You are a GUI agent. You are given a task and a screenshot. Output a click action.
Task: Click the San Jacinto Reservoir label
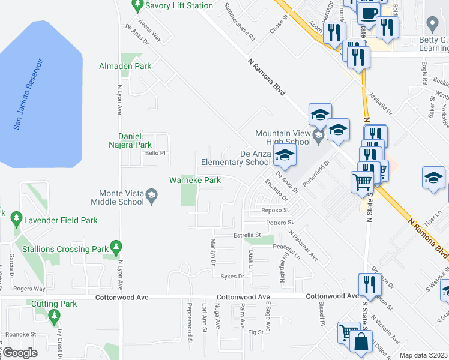click(x=29, y=94)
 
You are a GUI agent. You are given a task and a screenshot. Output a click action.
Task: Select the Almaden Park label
click(x=125, y=67)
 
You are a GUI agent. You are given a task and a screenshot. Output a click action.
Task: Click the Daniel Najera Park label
click(x=134, y=140)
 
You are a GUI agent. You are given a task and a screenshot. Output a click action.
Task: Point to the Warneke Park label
click(x=195, y=180)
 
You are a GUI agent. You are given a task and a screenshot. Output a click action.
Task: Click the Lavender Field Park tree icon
click(x=16, y=220)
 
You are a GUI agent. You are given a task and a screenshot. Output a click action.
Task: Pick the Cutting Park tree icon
click(x=55, y=315)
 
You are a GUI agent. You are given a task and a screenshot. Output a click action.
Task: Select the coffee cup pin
click(x=369, y=12)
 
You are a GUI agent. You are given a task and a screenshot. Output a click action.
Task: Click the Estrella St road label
click(x=248, y=235)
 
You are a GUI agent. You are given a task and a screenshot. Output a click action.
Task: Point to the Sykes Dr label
click(x=232, y=277)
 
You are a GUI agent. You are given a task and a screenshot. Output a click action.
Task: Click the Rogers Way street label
click(x=29, y=289)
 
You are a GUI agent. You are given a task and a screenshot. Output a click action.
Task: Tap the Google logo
click(x=20, y=353)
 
